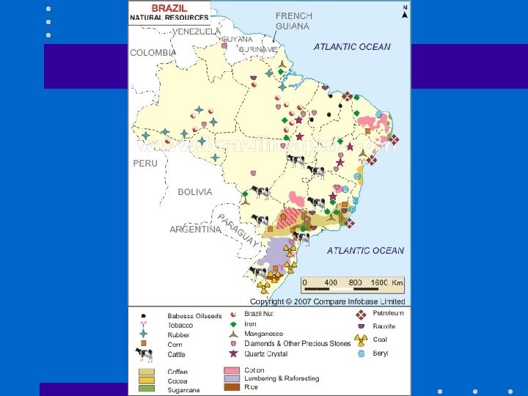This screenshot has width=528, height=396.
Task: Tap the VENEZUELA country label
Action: [x=197, y=32]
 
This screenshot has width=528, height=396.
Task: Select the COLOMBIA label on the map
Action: [x=153, y=53]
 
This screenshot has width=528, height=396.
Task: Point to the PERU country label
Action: [x=145, y=164]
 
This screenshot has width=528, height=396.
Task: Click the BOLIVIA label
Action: [x=195, y=192]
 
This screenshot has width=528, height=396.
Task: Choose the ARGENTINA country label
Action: [x=195, y=230]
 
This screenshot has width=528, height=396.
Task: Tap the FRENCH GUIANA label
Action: [x=293, y=21]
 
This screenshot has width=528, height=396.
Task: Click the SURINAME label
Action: [x=258, y=49]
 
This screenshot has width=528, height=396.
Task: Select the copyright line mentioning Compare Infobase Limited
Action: [x=327, y=301]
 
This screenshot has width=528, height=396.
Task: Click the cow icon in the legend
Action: [x=144, y=355]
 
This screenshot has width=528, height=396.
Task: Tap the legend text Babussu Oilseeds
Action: [x=194, y=316]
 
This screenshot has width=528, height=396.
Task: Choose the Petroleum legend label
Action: [x=390, y=313]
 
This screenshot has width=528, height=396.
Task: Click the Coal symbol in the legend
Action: [x=360, y=340]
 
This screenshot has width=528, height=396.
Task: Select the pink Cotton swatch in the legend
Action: [x=232, y=371]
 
